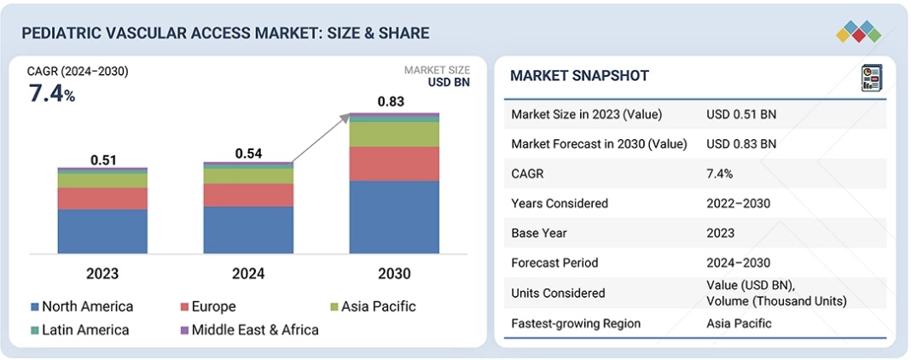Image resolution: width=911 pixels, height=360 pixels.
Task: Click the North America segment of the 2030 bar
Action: pos(394,217)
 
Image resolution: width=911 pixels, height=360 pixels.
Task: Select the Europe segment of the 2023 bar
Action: pos(102,198)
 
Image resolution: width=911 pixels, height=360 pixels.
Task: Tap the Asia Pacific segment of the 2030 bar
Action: pos(394,134)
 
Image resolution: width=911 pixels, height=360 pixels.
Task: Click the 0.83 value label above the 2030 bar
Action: pos(392,102)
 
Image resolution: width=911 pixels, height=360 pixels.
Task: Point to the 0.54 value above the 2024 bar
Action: pos(248,154)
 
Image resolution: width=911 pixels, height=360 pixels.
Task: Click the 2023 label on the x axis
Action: pos(102,274)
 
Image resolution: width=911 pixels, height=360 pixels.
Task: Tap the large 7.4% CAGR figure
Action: pos(52,94)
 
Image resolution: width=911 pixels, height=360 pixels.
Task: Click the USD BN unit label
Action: pos(449,83)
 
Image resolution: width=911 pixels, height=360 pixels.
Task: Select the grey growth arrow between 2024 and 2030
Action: pos(320,138)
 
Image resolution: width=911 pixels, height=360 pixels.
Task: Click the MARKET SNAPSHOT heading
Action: pos(579,76)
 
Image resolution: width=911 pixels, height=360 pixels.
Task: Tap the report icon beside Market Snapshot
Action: pos(871,78)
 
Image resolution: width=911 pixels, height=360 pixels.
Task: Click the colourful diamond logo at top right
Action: pos(858,31)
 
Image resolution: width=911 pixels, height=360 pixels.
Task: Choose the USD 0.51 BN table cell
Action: pos(741,114)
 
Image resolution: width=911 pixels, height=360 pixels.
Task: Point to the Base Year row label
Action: pos(541,233)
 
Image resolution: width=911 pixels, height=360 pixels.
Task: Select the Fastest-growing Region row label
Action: pos(576,323)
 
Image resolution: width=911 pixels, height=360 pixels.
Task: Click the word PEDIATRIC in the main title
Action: pos(58,33)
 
